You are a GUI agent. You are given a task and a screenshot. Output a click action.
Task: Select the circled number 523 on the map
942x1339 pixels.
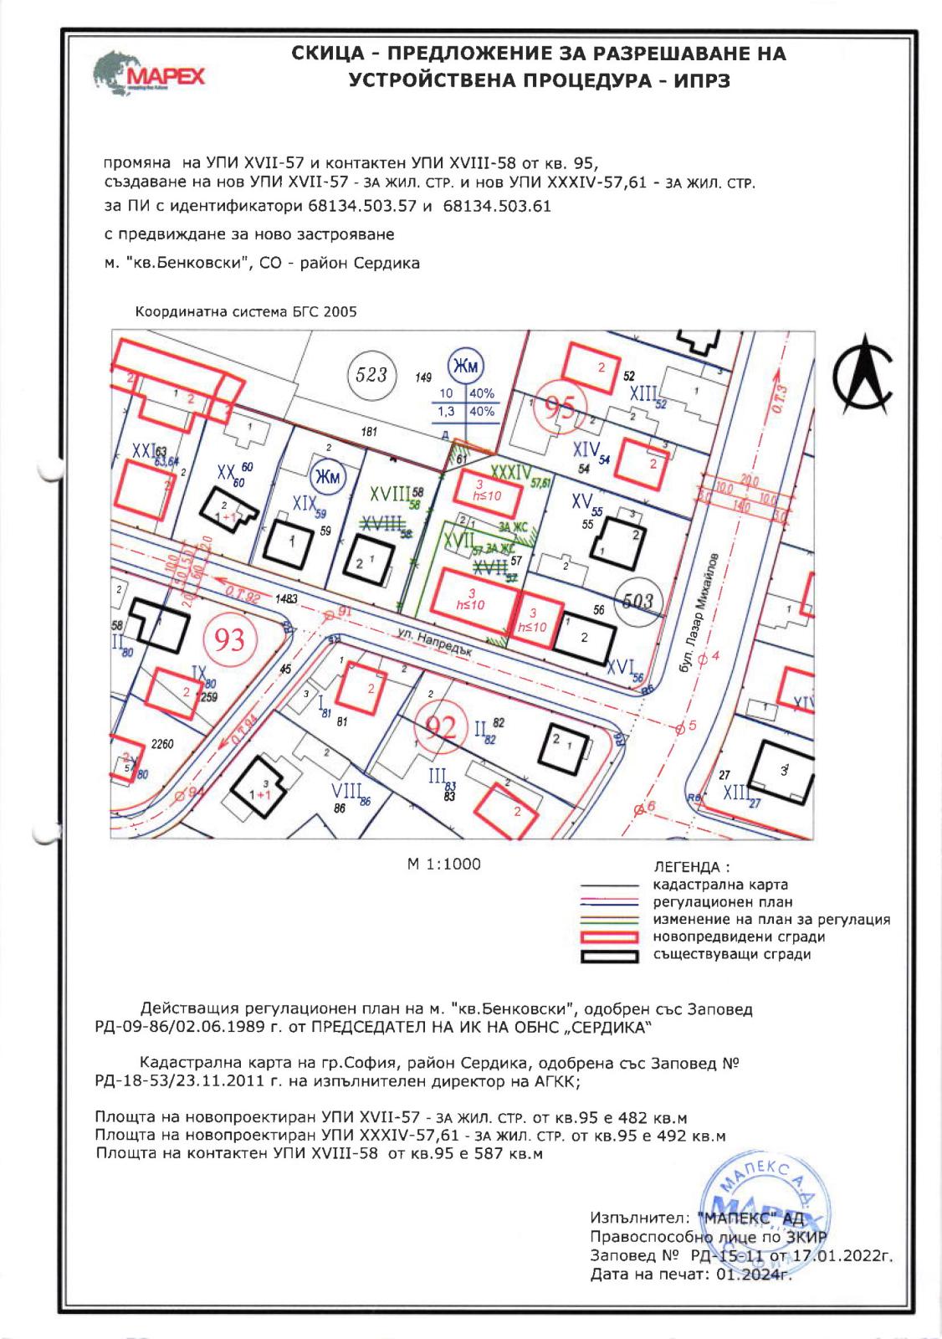[x=371, y=373]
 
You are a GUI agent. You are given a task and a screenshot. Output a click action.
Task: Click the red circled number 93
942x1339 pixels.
[x=230, y=639]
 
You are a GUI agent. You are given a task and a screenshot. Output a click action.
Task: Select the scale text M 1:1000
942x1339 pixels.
[x=443, y=864]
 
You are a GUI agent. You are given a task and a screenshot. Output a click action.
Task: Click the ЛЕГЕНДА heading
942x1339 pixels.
[x=690, y=867]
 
